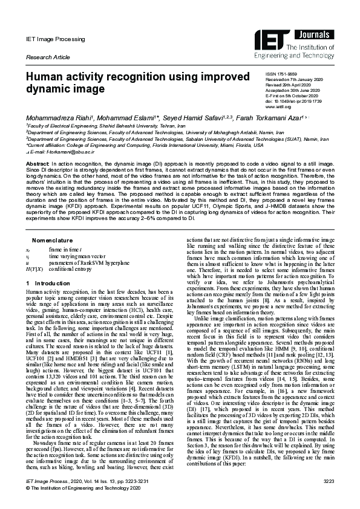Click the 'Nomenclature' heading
53,223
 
